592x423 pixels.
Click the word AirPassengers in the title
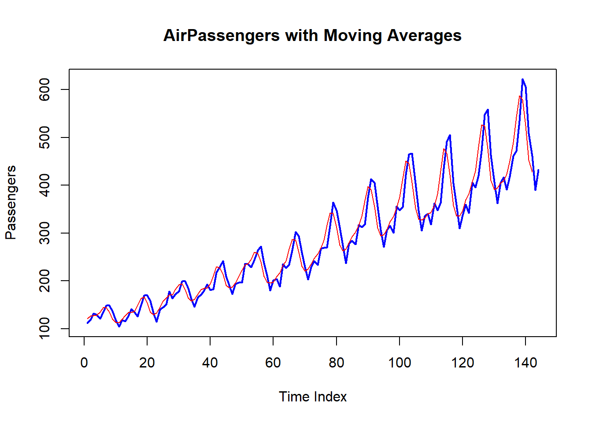pos(221,36)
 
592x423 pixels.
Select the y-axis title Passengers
pos(11,203)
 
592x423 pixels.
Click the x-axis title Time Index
pos(313,397)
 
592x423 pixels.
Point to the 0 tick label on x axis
pos(84,363)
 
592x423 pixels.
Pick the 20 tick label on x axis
pos(147,363)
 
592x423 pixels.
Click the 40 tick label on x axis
pos(210,363)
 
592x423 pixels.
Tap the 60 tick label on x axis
pos(273,363)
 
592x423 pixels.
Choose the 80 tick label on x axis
pos(337,363)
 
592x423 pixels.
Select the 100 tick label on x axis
pos(400,363)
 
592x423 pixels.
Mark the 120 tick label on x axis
pos(462,363)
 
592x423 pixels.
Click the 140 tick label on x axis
pos(525,363)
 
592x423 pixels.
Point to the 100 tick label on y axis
pos(44,328)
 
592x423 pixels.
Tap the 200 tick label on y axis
pos(44,281)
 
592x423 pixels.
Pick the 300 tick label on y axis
pos(44,233)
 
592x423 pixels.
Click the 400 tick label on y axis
pos(44,185)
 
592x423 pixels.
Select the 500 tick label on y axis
pos(44,137)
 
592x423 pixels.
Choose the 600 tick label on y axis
pos(44,89)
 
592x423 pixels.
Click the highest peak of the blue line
pos(522,80)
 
